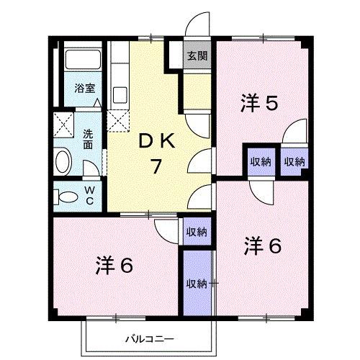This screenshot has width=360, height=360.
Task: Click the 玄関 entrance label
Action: [x=196, y=56]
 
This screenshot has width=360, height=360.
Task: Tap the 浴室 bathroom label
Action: [x=85, y=89]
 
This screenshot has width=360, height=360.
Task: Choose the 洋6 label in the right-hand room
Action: [x=261, y=246]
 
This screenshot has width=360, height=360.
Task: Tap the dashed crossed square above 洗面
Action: [x=66, y=123]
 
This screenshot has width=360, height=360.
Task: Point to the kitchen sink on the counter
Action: [x=120, y=93]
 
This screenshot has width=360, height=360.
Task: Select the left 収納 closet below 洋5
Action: [x=260, y=161]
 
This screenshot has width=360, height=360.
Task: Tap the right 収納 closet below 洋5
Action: [x=293, y=161]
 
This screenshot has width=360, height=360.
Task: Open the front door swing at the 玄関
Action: [x=195, y=27]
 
